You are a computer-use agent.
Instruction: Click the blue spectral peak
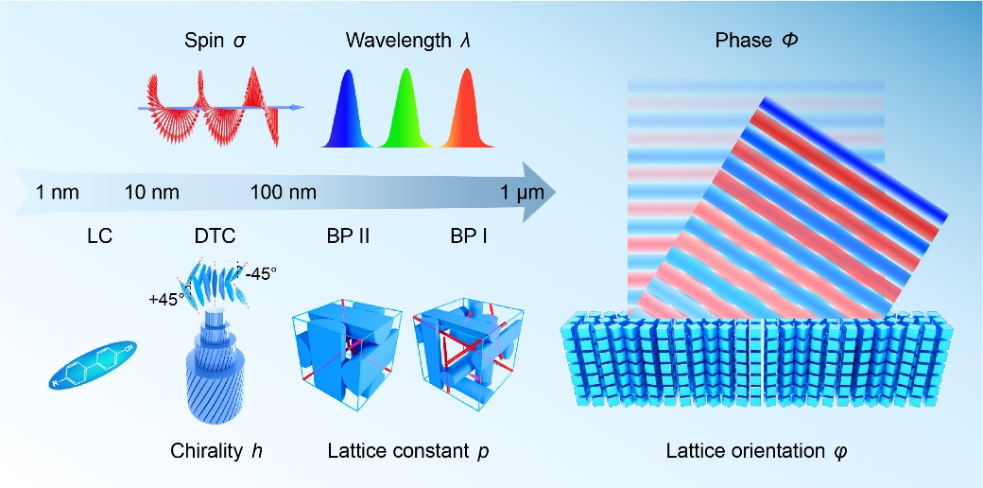pyautogui.click(x=347, y=110)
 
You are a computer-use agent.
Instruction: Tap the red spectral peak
pyautogui.click(x=466, y=110)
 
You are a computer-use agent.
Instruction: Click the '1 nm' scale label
pyautogui.click(x=58, y=192)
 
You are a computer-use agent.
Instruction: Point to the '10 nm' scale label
pyautogui.click(x=152, y=192)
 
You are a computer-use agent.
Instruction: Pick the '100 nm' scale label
pyautogui.click(x=283, y=192)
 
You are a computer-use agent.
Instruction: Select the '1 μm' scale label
pyautogui.click(x=522, y=193)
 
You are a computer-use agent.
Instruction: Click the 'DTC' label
pyautogui.click(x=216, y=237)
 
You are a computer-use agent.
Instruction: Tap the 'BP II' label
pyautogui.click(x=343, y=237)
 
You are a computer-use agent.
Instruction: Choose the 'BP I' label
pyautogui.click(x=470, y=237)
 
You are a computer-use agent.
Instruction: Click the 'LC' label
pyautogui.click(x=99, y=237)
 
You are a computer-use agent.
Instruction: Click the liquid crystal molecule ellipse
pyautogui.click(x=94, y=365)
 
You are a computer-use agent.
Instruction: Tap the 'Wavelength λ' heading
pyautogui.click(x=408, y=42)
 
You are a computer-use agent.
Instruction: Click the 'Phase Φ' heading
pyautogui.click(x=757, y=42)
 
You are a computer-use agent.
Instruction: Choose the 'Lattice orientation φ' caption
pyautogui.click(x=757, y=452)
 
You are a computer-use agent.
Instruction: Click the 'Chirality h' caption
pyautogui.click(x=216, y=452)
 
